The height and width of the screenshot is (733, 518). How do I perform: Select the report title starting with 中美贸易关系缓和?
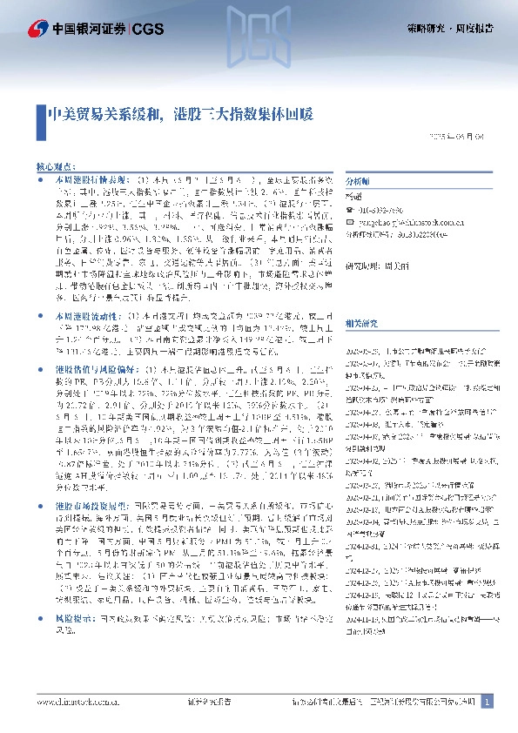[179, 113]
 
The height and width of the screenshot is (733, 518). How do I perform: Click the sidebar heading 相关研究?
[360, 323]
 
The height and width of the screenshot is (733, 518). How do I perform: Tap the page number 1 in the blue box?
[488, 702]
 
